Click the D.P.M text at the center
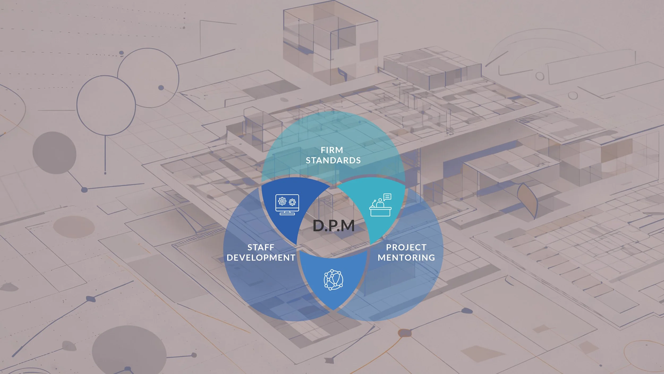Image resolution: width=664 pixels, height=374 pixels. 334,226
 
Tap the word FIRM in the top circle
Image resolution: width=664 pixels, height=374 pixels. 332,150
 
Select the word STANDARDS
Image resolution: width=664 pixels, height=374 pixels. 333,160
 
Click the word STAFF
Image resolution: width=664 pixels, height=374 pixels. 261,247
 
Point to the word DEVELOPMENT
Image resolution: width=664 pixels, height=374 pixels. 261,257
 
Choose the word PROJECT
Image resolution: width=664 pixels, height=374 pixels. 406,247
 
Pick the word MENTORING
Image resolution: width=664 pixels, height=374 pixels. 406,257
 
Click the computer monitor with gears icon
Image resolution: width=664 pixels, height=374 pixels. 287,205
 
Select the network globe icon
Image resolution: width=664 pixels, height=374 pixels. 333,280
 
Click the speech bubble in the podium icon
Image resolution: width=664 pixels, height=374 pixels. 388,197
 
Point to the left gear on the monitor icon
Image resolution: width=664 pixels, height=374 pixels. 282,201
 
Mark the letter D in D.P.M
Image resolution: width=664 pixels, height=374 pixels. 318,226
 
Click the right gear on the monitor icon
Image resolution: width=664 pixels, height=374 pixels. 292,202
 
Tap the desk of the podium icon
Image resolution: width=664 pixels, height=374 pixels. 380,212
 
